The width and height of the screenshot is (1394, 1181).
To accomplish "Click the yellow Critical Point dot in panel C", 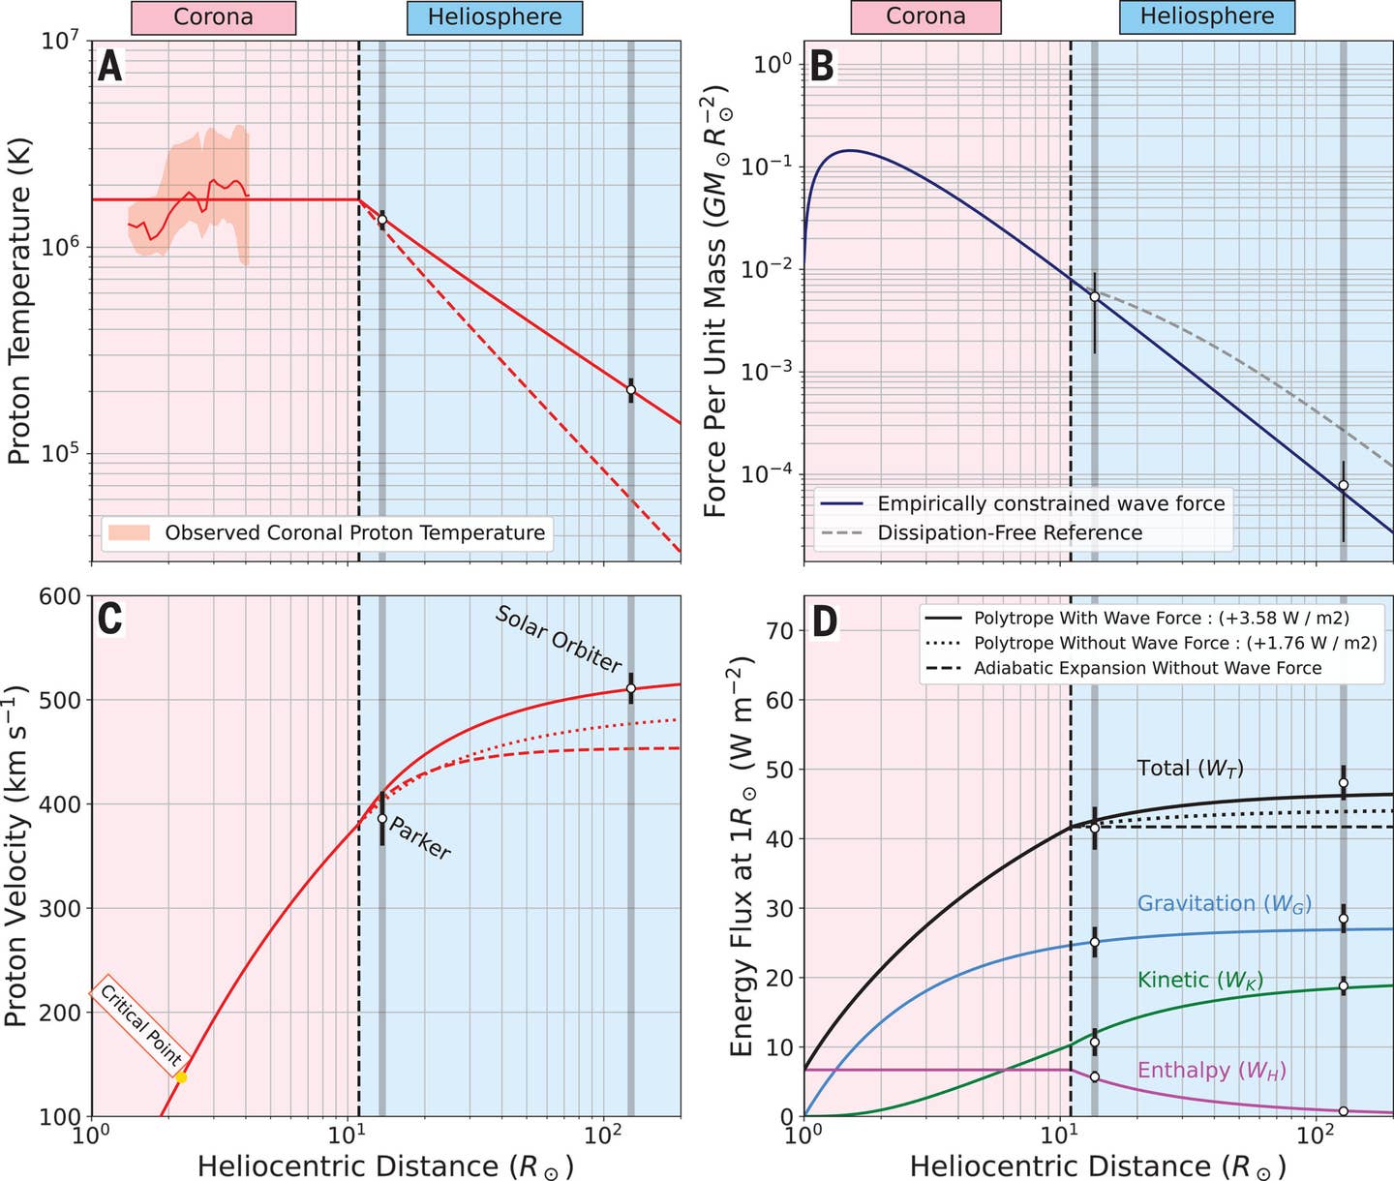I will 181,1077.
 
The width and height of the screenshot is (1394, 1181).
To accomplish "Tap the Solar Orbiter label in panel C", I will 559,639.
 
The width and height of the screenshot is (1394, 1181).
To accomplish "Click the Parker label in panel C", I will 420,838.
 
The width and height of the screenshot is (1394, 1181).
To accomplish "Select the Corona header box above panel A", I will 213,17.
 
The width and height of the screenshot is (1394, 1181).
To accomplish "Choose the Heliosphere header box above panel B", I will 1206,16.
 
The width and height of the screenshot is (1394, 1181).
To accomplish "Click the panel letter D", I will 824,621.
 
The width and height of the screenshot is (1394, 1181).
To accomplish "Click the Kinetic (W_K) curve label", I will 1200,980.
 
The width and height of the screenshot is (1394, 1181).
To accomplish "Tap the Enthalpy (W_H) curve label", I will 1211,1070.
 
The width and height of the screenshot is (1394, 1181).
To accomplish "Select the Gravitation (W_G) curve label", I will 1224,903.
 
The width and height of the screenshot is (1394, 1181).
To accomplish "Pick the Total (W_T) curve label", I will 1190,769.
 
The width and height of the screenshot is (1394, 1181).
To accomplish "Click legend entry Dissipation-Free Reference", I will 1010,533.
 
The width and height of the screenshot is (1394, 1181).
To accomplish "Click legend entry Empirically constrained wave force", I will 1050,503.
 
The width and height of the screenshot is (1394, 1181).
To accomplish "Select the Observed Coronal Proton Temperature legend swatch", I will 130,532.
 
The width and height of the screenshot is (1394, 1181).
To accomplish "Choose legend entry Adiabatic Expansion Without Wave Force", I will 1147,668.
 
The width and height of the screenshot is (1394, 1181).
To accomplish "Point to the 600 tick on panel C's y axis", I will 59,596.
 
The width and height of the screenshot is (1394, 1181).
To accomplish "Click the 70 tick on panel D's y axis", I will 779,631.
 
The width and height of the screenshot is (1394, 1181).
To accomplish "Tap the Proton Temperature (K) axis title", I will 19,300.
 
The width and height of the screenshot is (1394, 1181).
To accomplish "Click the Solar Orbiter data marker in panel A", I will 631,390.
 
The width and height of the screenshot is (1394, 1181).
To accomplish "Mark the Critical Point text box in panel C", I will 141,1023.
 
